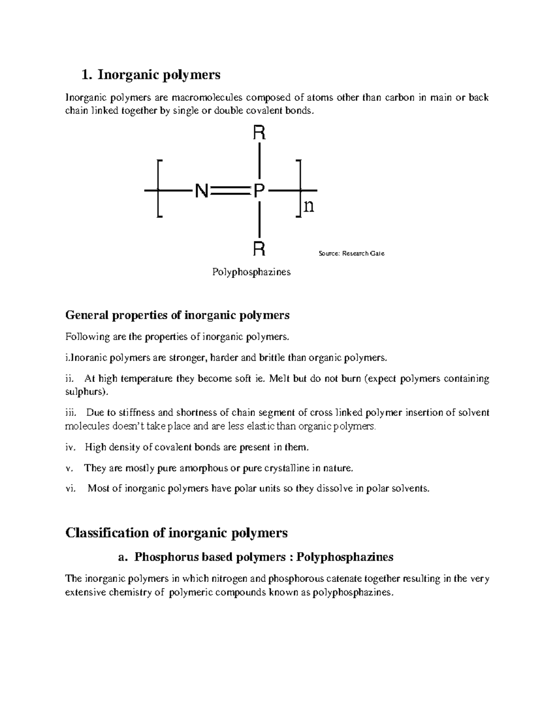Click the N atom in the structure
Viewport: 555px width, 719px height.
(x=201, y=190)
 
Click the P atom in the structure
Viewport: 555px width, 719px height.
(x=259, y=190)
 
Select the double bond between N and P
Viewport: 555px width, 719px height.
(x=230, y=190)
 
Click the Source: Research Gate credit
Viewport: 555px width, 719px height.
(x=351, y=253)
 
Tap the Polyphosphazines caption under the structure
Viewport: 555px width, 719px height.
(x=251, y=272)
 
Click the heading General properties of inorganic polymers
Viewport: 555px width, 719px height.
(x=177, y=315)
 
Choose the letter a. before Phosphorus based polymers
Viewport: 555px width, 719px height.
(x=122, y=557)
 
